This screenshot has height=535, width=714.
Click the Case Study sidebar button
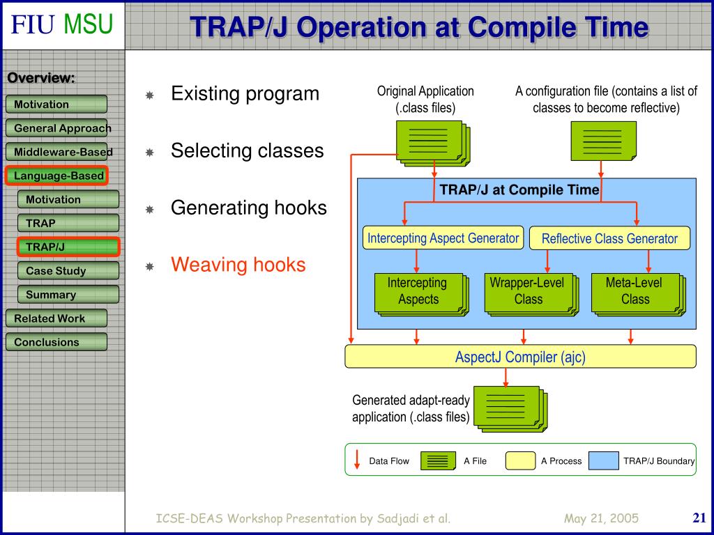[x=68, y=271]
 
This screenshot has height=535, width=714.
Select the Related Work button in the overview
[x=56, y=318]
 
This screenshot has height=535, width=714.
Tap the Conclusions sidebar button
[x=56, y=342]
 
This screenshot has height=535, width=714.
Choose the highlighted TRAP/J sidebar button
[x=68, y=247]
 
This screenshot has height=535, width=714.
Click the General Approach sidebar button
[x=56, y=128]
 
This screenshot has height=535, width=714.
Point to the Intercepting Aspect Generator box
[x=443, y=238]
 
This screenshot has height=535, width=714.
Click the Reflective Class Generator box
[x=609, y=238]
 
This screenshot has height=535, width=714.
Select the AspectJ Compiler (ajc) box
[x=520, y=357]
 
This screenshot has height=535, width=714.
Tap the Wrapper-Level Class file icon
[x=531, y=295]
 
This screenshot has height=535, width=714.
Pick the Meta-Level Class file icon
[x=639, y=295]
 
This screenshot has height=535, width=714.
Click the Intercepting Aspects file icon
[x=422, y=295]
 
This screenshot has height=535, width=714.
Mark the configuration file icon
[x=603, y=141]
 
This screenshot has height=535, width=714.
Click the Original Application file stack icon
[x=433, y=144]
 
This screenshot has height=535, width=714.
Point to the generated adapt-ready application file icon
[x=510, y=409]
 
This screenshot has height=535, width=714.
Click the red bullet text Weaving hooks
[x=238, y=264]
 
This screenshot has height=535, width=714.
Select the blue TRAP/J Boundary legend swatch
[x=603, y=460]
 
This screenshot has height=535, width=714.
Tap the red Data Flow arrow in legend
[x=357, y=460]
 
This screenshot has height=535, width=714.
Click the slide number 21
[x=699, y=518]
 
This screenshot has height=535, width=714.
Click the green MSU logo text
[x=88, y=24]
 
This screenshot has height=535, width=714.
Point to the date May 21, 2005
[x=601, y=518]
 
